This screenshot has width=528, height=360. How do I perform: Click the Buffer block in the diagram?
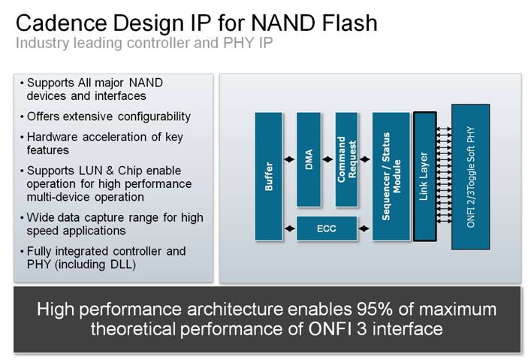pos(268,177)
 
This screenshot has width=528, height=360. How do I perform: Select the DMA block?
pos(309,159)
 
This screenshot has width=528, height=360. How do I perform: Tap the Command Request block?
pos(346,159)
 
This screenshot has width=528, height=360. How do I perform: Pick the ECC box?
pos(326,228)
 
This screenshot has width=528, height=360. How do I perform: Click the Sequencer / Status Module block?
pos(391,177)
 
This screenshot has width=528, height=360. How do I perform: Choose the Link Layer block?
pos(424,177)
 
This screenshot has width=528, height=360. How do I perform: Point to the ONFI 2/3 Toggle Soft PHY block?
pos(470,177)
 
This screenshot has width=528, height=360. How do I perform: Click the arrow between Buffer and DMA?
pos(289,159)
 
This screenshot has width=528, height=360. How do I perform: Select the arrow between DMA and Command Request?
pos(328,159)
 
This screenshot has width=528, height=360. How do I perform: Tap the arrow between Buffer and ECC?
pos(289,228)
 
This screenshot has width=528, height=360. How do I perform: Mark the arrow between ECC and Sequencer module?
pos(364,228)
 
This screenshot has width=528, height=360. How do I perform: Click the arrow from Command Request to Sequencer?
pos(365,159)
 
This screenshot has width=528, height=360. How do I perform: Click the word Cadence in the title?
pos(61,23)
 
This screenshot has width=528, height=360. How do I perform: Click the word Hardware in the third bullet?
pos(52,137)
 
